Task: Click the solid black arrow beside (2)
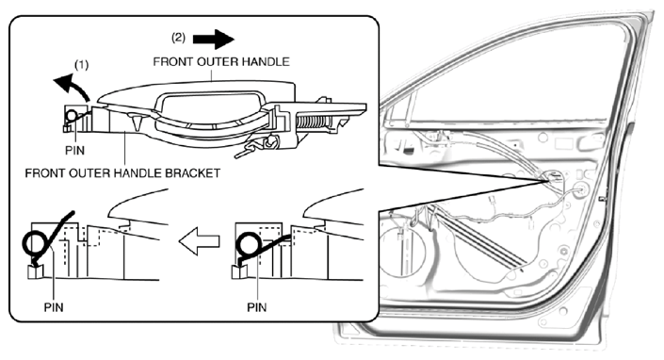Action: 214,40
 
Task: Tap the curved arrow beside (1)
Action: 72,84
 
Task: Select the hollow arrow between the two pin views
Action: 200,241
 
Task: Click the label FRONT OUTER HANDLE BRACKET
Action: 122,173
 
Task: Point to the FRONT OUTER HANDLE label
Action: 221,62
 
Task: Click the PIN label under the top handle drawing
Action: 74,151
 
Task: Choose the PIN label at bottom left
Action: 54,307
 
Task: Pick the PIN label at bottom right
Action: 256,307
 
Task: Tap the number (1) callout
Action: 82,65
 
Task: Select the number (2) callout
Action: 178,38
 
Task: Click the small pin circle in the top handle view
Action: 72,115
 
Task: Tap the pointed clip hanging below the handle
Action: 137,122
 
